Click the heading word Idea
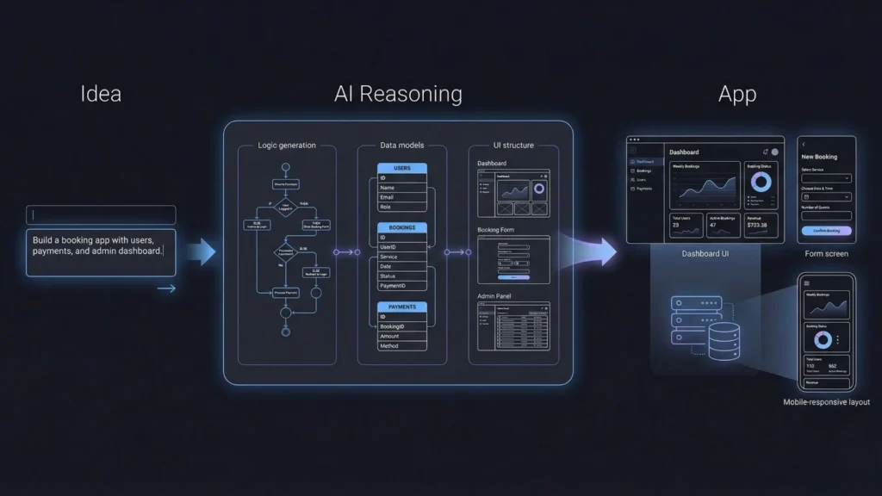click(101, 94)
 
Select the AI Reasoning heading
click(398, 94)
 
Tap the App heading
click(737, 94)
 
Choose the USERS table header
click(401, 168)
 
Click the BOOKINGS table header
click(401, 228)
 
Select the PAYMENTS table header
click(401, 307)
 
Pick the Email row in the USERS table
click(401, 197)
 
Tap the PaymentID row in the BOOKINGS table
click(401, 286)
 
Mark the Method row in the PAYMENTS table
click(401, 346)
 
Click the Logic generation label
click(287, 146)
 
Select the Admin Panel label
click(496, 296)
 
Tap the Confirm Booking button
click(826, 231)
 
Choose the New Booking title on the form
click(819, 157)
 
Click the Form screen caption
click(826, 254)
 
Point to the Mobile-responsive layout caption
click(826, 402)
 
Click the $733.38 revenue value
click(758, 225)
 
